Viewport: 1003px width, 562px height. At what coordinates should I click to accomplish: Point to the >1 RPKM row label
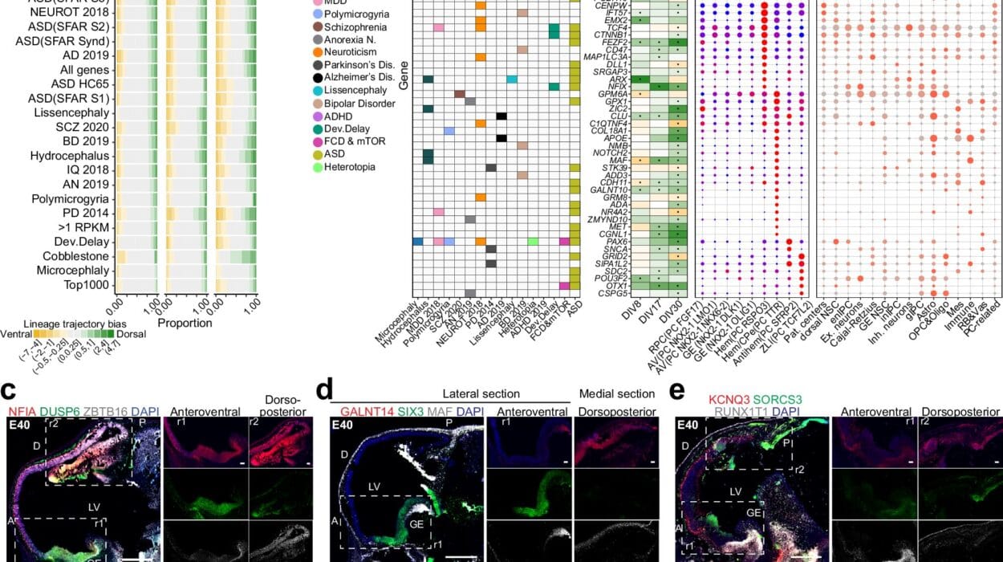83,226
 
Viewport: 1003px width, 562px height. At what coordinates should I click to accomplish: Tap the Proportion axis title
185,323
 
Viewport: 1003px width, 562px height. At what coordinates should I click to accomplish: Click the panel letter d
324,392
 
